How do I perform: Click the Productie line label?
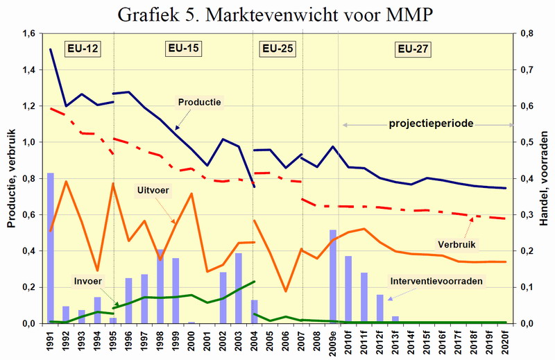tap(199, 103)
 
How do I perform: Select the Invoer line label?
tap(88, 282)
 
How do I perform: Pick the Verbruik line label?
tap(456, 244)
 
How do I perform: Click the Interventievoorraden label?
tap(436, 282)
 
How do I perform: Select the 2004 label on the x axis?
tap(255, 340)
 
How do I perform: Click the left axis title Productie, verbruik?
tap(10, 179)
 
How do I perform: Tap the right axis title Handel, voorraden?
tap(545, 179)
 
